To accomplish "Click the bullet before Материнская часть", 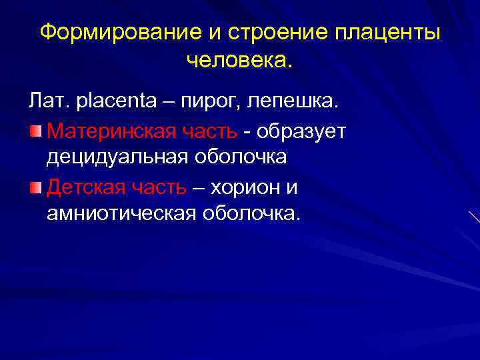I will (x=35, y=130).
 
